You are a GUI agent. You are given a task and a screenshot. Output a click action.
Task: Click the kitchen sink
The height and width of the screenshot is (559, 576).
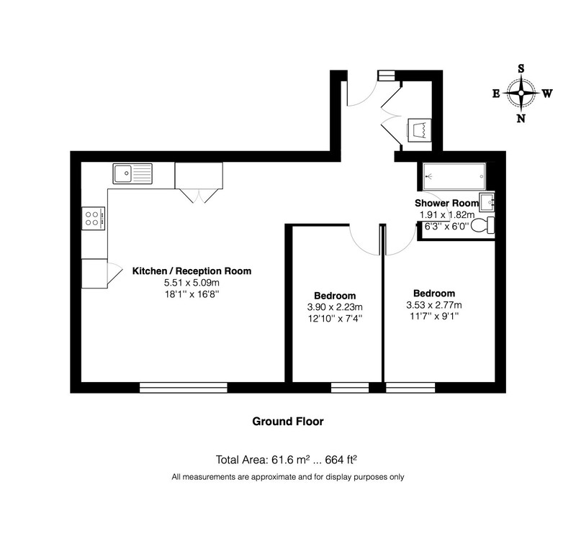point(132,173)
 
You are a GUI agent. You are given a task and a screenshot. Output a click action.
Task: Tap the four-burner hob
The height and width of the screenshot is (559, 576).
point(94,219)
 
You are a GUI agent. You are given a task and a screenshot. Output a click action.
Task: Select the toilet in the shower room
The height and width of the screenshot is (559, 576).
point(482,226)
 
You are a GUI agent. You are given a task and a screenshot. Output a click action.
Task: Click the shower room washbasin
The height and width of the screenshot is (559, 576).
point(487,201)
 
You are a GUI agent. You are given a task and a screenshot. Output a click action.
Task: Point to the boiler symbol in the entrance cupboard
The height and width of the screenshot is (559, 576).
point(419,129)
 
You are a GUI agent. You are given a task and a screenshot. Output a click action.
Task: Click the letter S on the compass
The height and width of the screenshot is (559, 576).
point(521,69)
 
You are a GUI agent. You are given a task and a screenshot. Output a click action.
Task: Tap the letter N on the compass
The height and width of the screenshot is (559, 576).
point(521,119)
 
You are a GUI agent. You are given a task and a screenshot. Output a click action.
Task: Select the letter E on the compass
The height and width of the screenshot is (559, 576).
point(496,94)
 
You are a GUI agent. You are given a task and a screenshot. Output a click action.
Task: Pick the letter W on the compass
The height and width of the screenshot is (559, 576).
point(547,94)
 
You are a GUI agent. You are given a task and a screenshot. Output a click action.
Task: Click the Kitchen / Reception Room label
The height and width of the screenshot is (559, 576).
point(192,271)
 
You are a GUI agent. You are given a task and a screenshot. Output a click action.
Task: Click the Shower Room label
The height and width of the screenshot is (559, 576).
point(446,203)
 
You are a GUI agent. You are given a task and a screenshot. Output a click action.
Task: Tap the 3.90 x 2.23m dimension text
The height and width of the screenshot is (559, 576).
point(335,307)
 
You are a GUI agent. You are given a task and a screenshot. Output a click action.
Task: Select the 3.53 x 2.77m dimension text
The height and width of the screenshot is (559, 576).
point(434,305)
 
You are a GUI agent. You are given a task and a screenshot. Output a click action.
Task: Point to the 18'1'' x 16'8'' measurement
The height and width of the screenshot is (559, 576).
point(192,294)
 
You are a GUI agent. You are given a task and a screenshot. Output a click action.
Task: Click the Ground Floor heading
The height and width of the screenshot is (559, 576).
point(288,422)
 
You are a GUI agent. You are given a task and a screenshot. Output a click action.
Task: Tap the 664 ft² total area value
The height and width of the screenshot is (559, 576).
point(341,460)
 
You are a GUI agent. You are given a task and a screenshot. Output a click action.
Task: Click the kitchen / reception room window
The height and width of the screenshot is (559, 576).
point(184,388)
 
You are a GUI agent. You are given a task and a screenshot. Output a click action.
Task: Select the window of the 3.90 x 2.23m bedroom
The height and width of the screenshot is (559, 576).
point(350,388)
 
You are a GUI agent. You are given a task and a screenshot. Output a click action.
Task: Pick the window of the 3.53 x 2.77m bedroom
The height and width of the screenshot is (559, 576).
point(410,388)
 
